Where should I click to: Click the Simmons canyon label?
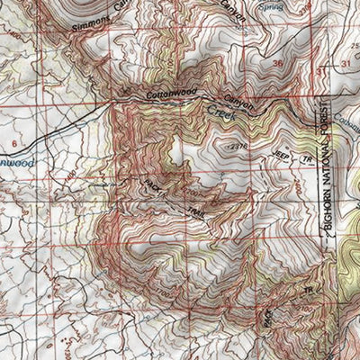point(95,20)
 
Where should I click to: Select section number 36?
point(277,65)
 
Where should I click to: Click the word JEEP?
point(280,154)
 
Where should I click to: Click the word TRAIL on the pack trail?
point(196,212)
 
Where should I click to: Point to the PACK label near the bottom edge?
point(267,317)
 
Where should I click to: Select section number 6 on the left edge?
point(13,143)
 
